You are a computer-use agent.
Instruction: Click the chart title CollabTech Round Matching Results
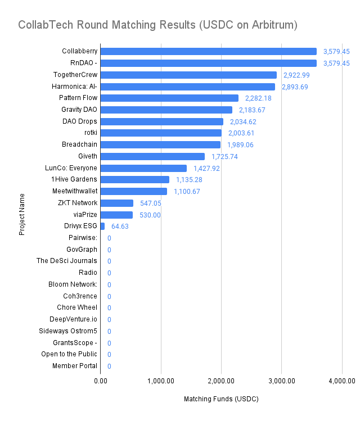157,25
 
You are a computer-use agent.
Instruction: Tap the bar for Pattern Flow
169,98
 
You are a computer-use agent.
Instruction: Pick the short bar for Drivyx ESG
102,226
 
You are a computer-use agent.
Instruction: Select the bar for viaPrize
116,215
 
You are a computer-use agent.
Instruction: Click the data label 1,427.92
206,168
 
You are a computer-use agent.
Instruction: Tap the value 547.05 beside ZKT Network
150,203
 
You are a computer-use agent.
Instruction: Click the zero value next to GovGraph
109,250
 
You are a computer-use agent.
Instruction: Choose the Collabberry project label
79,51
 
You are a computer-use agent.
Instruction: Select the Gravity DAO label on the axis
79,109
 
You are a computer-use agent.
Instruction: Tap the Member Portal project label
75,366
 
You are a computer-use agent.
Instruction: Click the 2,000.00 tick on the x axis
221,382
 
